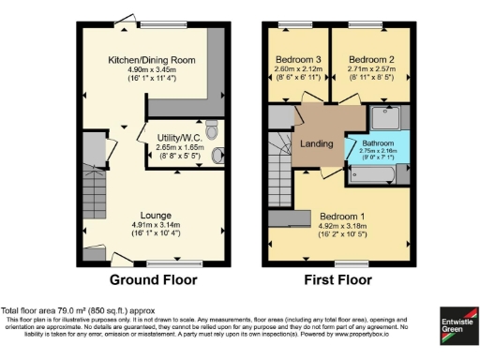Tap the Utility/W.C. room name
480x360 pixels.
pyautogui.click(x=180, y=137)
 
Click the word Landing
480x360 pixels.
pyautogui.click(x=318, y=143)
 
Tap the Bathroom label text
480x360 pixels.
pyautogui.click(x=372, y=142)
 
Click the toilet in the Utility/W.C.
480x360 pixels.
pyautogui.click(x=211, y=128)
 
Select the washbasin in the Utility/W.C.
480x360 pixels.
pyautogui.click(x=218, y=157)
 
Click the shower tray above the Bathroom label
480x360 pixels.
pyautogui.click(x=385, y=118)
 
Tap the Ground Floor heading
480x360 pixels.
pyautogui.click(x=153, y=279)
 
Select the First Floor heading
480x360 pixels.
pyautogui.click(x=340, y=279)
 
